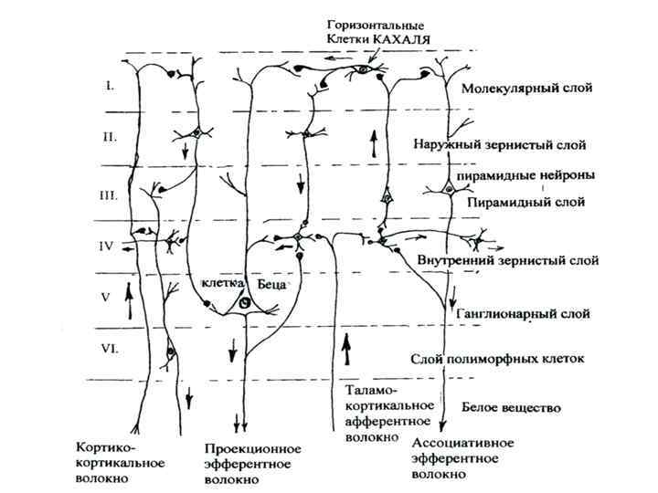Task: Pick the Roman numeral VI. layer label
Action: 111,348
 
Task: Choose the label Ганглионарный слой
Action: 520,312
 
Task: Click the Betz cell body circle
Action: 245,302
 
